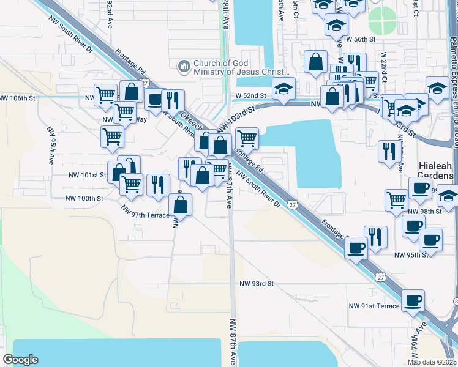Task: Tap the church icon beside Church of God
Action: [x=183, y=65]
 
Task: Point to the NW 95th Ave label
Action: [x=51, y=146]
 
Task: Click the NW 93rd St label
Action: [x=256, y=284]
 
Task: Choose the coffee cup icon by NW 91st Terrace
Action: [x=413, y=300]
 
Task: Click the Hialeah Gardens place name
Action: [x=436, y=171]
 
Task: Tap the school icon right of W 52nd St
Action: [x=284, y=88]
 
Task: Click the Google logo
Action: [x=20, y=360]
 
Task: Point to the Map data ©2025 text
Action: [x=431, y=362]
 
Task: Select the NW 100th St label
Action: [x=85, y=198]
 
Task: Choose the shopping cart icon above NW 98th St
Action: [x=396, y=199]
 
